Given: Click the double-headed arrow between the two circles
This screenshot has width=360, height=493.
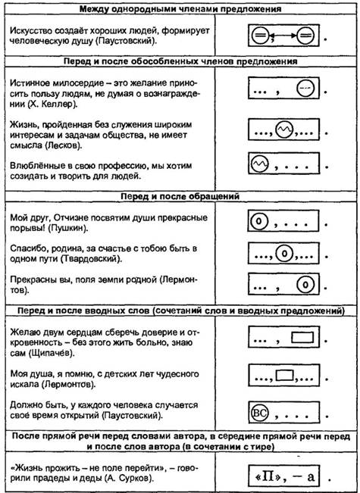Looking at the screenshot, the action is [x=283, y=36].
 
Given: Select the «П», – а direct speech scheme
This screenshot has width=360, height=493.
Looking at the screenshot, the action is [x=284, y=477].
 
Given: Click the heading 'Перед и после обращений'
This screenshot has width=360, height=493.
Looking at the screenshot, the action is [x=180, y=196].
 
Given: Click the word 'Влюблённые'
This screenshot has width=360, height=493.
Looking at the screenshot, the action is [x=32, y=166].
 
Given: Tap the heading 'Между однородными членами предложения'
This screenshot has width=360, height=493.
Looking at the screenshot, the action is [x=180, y=8].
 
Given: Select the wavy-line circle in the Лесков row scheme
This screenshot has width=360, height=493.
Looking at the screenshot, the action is [x=284, y=129].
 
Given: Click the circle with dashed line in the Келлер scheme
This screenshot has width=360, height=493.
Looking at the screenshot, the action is [x=305, y=89].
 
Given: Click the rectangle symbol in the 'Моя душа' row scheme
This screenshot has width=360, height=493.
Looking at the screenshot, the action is [x=285, y=374].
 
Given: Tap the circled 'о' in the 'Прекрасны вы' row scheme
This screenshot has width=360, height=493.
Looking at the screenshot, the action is [x=305, y=285].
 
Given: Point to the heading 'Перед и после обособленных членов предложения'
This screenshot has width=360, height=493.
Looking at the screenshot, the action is [x=180, y=61].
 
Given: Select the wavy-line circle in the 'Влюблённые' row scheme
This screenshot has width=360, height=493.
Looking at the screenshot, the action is [x=259, y=163].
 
